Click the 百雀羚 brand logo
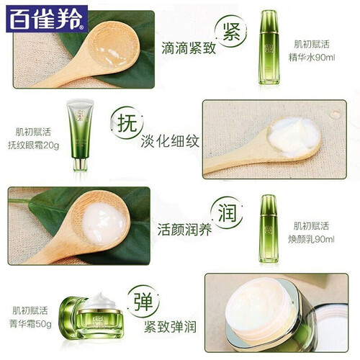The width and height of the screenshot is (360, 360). pos(47,19)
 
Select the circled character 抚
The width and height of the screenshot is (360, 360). pos(127,123)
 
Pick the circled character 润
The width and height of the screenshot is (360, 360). pos(227,212)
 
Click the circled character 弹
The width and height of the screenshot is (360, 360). pos(143,302)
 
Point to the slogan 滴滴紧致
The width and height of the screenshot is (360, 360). pos(189,48)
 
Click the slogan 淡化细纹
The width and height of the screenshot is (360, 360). pos(170,141)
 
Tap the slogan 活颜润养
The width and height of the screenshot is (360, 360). pos(184,229)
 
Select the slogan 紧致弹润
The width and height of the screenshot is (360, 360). pos(170,326)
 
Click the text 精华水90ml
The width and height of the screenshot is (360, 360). pos(312,58)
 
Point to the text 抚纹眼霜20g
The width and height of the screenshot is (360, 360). pos(33,145)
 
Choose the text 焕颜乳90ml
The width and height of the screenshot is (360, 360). pos(311,239)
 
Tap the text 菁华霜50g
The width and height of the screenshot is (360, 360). pos(30,324)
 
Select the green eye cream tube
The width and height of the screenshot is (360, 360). pos(80,135)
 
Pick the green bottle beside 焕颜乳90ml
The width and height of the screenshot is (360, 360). pos(269,228)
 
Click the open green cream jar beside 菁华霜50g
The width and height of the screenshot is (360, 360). pos(91,315)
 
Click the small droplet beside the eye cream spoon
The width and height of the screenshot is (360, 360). pos(335,114)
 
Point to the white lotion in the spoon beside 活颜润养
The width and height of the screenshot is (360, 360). pos(104,224)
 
